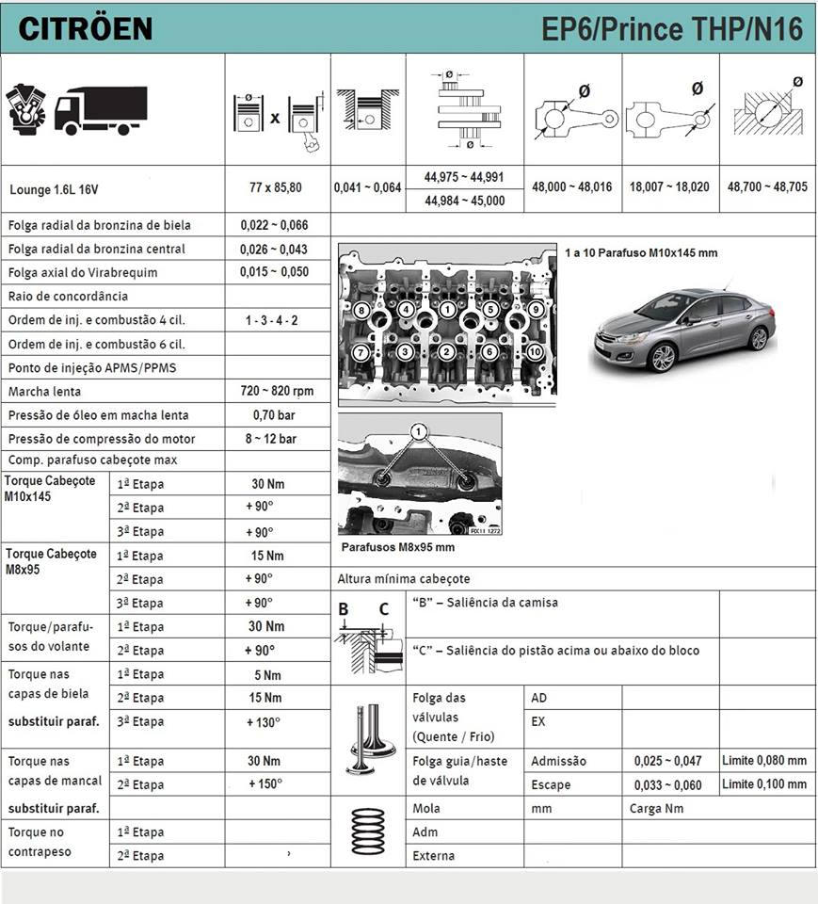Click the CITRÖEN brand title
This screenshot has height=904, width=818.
[x=85, y=28]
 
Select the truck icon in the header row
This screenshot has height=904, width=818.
[x=101, y=110]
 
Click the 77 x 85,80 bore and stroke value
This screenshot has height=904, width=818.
[x=277, y=187]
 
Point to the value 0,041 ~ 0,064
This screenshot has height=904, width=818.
[x=367, y=187]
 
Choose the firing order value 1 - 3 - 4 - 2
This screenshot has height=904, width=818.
[x=272, y=320]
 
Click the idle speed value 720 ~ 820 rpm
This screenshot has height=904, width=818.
[x=277, y=391]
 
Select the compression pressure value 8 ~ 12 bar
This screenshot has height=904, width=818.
[x=273, y=439]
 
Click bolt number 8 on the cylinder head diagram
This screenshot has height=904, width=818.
[x=361, y=310]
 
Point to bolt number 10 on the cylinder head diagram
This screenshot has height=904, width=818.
[x=536, y=351]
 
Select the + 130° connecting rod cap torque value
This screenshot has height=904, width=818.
[x=265, y=722]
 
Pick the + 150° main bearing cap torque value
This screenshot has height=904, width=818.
[x=265, y=784]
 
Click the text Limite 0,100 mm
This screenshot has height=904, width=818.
[x=764, y=784]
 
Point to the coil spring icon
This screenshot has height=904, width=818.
[x=369, y=831]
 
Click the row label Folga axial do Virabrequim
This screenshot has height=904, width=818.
[x=83, y=273]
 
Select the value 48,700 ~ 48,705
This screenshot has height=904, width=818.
[x=767, y=187]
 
